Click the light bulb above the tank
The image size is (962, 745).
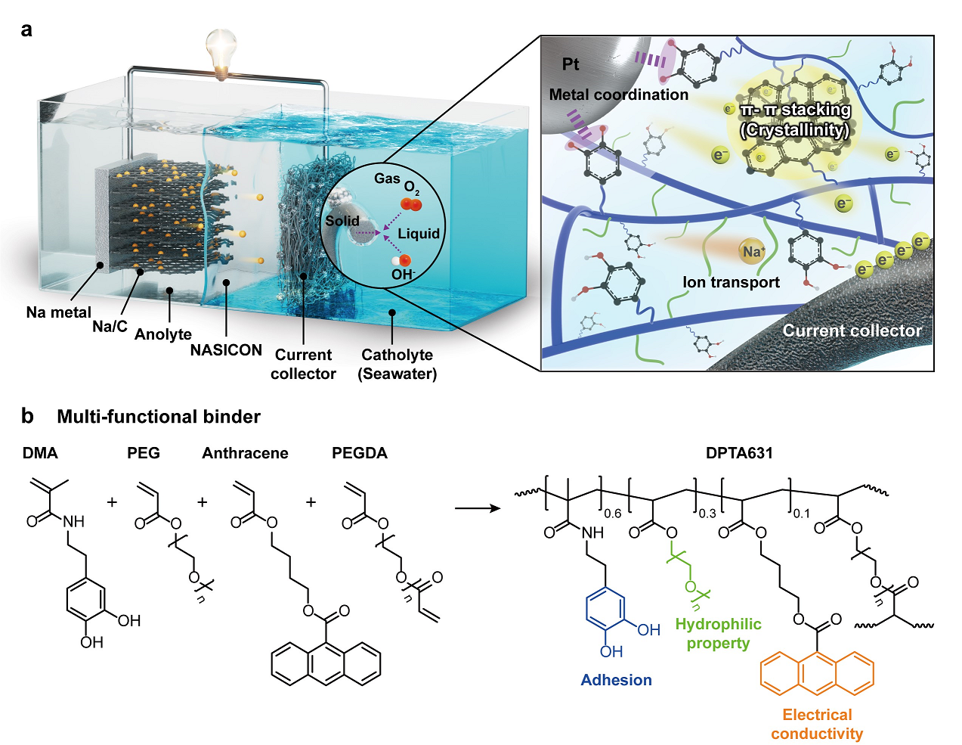(221, 51)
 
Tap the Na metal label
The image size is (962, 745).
(58, 312)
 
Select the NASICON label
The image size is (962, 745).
(226, 350)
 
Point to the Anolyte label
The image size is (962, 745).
(163, 334)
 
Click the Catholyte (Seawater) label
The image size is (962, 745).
(397, 364)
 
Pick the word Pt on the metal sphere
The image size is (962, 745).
(571, 65)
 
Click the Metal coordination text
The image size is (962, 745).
(618, 95)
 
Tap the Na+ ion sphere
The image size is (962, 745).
(753, 252)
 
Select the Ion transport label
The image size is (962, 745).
(731, 283)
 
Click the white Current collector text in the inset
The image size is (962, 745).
(852, 331)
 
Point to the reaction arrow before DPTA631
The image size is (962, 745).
(478, 508)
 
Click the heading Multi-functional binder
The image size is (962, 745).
(159, 417)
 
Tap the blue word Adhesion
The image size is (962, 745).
(616, 680)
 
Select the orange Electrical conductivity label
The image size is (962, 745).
(817, 724)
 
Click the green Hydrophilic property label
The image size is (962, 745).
(718, 634)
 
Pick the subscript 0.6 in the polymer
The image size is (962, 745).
(612, 514)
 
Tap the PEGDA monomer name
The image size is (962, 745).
(360, 453)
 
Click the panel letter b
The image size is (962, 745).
(27, 416)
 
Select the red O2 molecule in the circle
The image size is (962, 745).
(411, 204)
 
